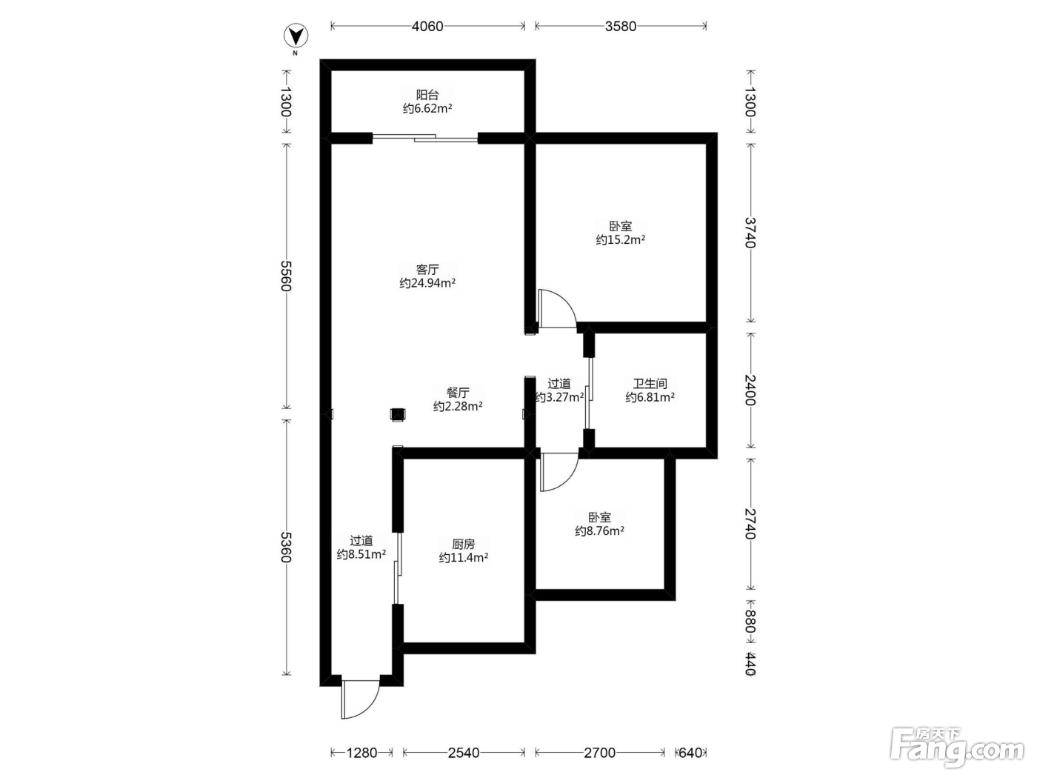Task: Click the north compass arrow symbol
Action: [x=296, y=36]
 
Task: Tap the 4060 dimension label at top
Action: [x=427, y=26]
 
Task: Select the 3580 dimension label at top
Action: [x=620, y=26]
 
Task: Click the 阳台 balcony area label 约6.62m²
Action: [x=427, y=102]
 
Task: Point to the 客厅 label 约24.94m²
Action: [x=427, y=276]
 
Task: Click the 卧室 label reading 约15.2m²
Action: [x=620, y=233]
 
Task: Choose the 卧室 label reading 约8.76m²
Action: [x=599, y=524]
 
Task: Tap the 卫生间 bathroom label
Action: [x=650, y=390]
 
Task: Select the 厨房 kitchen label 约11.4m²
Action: [x=464, y=551]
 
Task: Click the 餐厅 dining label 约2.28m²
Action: [x=458, y=399]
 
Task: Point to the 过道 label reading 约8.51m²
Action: [x=361, y=547]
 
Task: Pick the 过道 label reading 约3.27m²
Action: [x=559, y=390]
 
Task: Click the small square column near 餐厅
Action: [x=398, y=414]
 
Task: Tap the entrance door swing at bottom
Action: [x=361, y=699]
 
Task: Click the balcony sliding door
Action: [x=424, y=139]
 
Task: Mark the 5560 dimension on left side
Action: [x=285, y=276]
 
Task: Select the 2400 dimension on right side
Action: [x=750, y=390]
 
